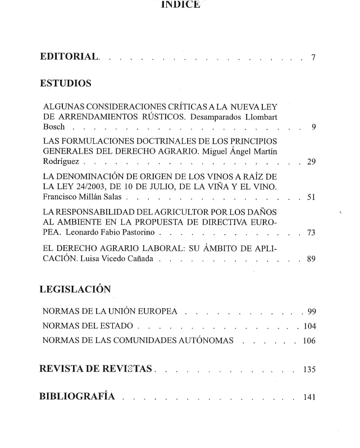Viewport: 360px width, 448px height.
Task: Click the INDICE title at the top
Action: point(180,5)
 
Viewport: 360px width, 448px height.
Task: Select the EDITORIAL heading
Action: point(70,57)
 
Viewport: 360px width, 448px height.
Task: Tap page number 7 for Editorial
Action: point(313,57)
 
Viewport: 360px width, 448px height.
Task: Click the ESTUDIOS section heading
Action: point(66,84)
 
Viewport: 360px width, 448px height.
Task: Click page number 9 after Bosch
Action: point(313,127)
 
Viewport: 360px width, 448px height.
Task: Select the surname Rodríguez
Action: point(62,162)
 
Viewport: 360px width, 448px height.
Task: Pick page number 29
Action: point(311,162)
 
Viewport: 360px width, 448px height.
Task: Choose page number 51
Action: point(311,198)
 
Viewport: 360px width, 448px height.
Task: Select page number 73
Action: point(311,233)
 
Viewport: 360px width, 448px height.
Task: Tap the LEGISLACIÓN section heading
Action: point(75,289)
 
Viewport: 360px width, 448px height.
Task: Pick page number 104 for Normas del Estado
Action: point(309,326)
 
